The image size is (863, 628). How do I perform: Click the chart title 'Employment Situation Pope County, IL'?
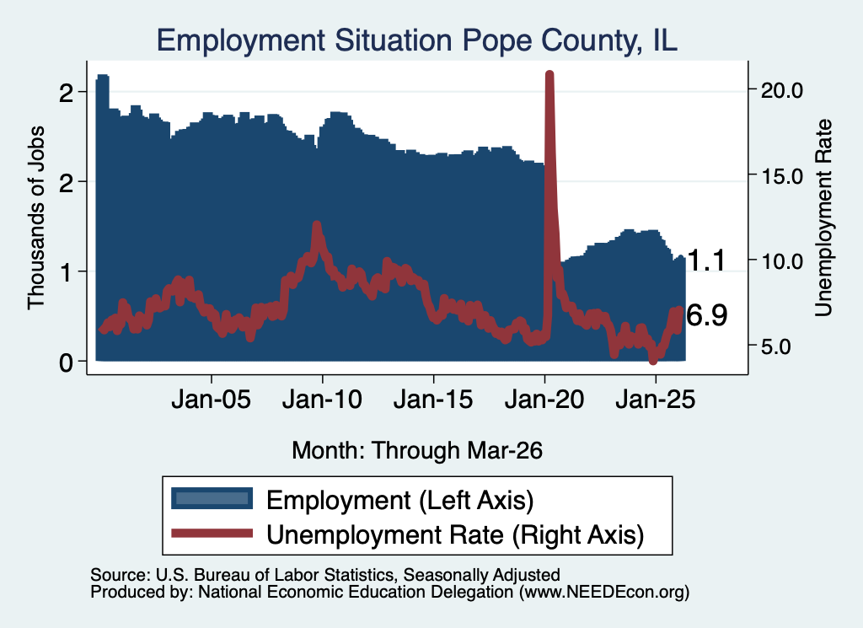click(416, 40)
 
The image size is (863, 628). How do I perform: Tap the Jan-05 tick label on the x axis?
click(212, 400)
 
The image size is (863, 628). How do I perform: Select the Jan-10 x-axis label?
click(323, 400)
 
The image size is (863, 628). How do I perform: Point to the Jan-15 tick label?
click(434, 400)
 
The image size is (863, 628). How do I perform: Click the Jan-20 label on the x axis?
click(544, 400)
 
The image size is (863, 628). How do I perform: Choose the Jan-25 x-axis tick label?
click(656, 400)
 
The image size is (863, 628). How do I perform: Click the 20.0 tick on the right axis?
click(782, 91)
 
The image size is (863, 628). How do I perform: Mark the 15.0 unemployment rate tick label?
click(782, 177)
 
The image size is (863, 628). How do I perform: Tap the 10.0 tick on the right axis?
click(782, 261)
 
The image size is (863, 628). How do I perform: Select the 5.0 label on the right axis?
click(776, 347)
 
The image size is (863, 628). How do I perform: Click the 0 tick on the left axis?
click(66, 363)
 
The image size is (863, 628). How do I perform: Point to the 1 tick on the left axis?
click(67, 272)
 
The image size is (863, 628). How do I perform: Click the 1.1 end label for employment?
click(707, 260)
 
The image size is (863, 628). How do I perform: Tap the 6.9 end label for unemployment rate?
click(707, 315)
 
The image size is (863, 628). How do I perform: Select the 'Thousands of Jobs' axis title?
click(35, 217)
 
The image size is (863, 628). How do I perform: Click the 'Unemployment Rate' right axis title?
click(823, 218)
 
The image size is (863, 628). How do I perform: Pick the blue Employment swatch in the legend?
click(212, 498)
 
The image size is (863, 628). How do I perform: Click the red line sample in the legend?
click(212, 533)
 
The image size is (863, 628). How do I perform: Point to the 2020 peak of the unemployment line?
click(549, 73)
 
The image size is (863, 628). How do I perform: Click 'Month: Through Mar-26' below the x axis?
click(417, 450)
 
